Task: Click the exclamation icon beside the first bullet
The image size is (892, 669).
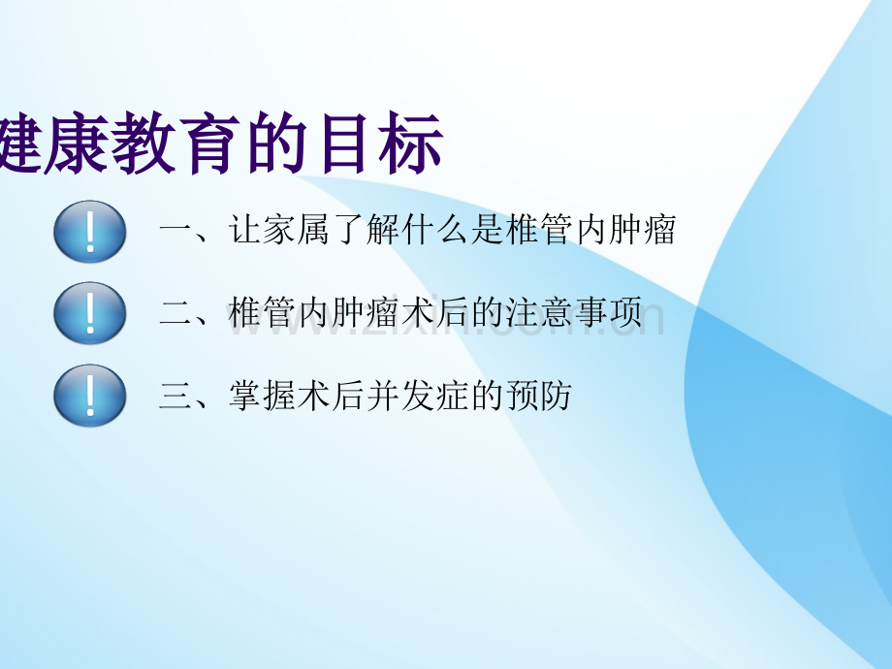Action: click(90, 232)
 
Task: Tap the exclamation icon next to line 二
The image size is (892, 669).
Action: click(90, 313)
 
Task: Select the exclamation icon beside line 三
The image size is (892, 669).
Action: click(90, 396)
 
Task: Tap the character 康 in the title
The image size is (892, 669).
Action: click(76, 143)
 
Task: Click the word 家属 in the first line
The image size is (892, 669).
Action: click(298, 230)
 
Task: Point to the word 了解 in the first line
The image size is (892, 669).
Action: click(366, 230)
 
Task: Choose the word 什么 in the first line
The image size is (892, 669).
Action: click(435, 230)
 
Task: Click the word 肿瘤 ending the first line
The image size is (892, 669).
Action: click(642, 230)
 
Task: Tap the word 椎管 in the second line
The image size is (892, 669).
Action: click(263, 312)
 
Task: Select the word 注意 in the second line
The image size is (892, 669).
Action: click(539, 312)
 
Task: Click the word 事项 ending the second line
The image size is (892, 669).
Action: click(608, 312)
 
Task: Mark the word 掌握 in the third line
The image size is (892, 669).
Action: click(263, 396)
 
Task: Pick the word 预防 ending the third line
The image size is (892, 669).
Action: click(539, 396)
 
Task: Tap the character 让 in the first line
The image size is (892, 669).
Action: click(245, 230)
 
